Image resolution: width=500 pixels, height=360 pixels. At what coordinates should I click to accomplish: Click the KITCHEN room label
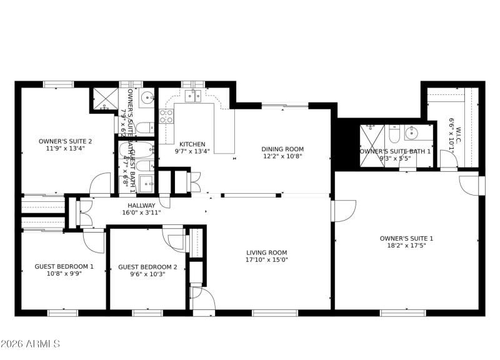192,144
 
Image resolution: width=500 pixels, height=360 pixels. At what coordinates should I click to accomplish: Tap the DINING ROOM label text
282,149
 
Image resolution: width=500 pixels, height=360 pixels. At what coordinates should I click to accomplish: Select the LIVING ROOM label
266,252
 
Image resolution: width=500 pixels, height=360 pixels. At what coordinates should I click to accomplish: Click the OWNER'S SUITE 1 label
406,238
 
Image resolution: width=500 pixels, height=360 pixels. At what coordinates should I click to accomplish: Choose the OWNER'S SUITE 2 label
65,141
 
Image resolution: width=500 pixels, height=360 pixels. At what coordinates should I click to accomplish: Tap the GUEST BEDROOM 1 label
64,266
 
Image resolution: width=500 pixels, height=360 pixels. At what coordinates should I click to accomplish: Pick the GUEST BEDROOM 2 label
147,267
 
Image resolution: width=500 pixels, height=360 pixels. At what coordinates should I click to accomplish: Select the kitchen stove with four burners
167,116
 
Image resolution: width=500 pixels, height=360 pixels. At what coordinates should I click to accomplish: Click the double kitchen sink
193,96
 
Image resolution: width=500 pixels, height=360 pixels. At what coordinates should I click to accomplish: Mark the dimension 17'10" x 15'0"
266,260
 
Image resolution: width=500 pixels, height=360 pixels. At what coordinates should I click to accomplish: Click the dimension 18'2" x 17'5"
406,246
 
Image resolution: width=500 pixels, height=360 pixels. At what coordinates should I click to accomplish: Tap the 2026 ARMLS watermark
30,344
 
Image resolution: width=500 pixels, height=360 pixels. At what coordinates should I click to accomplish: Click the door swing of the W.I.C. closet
448,161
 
